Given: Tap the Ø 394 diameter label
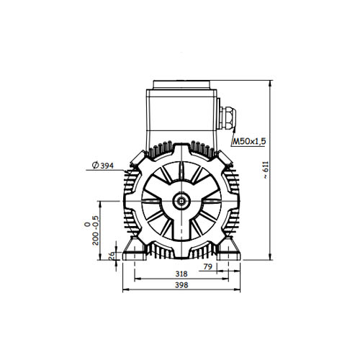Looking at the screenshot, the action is [103, 166].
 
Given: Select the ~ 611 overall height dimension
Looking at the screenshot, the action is [266, 170].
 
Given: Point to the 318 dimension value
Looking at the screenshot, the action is [181, 274].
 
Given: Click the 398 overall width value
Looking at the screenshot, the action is [181, 285].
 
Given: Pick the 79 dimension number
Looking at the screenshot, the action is [208, 266].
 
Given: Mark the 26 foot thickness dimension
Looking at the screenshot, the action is [112, 256].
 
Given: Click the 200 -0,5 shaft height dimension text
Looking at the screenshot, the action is [91, 230].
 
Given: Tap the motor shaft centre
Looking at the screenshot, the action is [181, 201].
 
